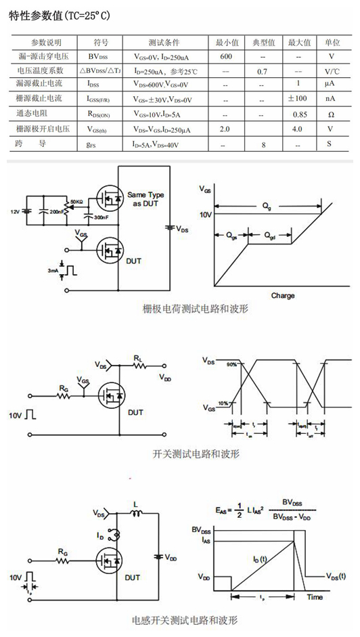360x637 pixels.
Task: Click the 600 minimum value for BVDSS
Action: pyautogui.click(x=226, y=56)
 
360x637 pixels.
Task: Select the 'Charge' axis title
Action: pyautogui.click(x=282, y=296)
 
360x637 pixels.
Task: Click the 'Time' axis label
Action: pyautogui.click(x=315, y=598)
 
